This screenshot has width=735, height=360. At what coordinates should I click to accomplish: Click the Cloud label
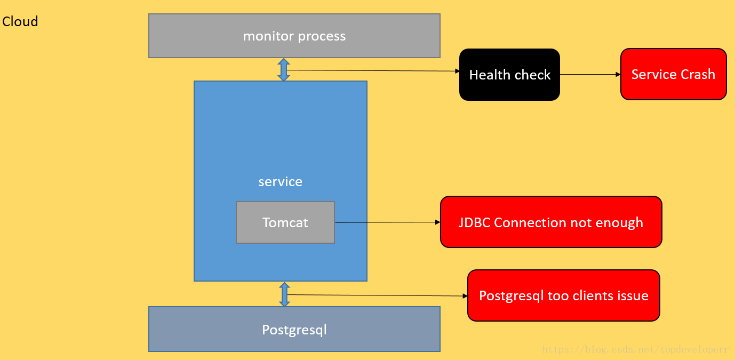pos(20,22)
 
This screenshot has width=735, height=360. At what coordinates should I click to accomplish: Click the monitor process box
pos(294,36)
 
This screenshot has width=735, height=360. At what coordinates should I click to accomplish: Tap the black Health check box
pos(509,75)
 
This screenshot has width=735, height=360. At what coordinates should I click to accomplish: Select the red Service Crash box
pos(673,74)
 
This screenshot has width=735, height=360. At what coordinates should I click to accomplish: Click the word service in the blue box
pos(280,182)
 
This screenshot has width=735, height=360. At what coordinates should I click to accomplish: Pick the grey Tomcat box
pos(285,222)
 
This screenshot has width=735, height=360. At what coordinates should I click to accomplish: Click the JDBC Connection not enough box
pos(551,222)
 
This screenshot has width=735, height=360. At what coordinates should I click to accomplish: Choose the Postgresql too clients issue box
pos(564,295)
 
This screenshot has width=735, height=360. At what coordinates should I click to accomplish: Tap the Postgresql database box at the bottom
pos(294,329)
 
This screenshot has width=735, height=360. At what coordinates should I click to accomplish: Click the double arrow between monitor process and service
pos(284,69)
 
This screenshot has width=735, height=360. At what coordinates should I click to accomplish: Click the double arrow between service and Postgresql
pos(284,294)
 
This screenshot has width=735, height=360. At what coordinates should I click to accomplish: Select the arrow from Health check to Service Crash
pos(590,75)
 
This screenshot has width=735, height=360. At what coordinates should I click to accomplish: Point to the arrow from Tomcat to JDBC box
pos(388,222)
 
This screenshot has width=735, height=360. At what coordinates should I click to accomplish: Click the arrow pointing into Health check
pos(373,70)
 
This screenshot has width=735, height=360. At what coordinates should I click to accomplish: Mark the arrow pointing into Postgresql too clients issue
pos(378,295)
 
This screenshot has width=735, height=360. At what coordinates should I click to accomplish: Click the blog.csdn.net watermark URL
pos(635,349)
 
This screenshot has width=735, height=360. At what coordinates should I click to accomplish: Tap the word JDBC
pos(474,222)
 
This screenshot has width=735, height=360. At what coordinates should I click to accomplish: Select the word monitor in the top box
pos(268,36)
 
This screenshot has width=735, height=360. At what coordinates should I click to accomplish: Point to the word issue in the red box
pos(633,295)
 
